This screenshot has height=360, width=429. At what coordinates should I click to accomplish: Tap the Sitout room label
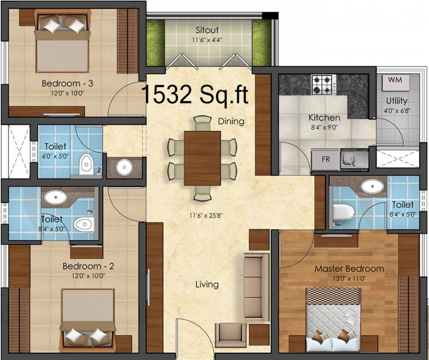click(208, 31)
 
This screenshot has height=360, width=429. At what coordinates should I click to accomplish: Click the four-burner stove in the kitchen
click(322, 84)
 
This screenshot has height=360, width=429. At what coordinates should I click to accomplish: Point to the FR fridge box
click(326, 159)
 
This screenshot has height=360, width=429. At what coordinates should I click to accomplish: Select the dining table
click(202, 158)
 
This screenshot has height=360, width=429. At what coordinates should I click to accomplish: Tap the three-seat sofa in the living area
click(256, 286)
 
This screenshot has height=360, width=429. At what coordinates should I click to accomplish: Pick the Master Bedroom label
click(349, 269)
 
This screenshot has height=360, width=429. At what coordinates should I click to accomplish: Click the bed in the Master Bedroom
click(333, 319)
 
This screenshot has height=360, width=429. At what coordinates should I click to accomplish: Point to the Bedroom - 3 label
click(67, 83)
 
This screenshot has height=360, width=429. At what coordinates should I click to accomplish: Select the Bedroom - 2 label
click(89, 266)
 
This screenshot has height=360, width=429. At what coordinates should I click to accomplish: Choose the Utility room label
click(397, 101)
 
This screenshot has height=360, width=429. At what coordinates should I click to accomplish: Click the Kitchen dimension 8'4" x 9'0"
click(324, 127)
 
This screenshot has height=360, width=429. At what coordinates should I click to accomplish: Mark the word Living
click(207, 284)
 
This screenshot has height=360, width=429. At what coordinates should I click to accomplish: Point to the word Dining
click(231, 121)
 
